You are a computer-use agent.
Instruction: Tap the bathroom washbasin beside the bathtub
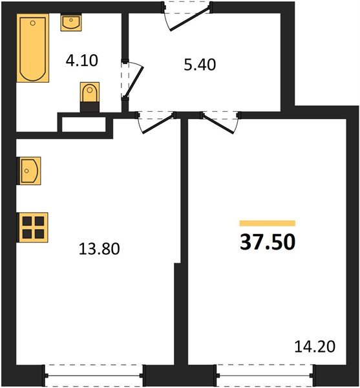coord(70,23)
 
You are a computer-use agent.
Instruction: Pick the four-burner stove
coord(32,227)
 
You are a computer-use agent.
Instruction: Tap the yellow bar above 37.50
coord(267,223)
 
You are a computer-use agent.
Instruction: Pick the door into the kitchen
coord(155,121)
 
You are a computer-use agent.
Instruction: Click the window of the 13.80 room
coord(94,374)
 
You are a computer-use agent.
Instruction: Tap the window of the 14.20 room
coord(265,374)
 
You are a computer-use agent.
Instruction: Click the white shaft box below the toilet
coord(85,123)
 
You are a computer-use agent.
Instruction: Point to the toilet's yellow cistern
coord(90,89)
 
